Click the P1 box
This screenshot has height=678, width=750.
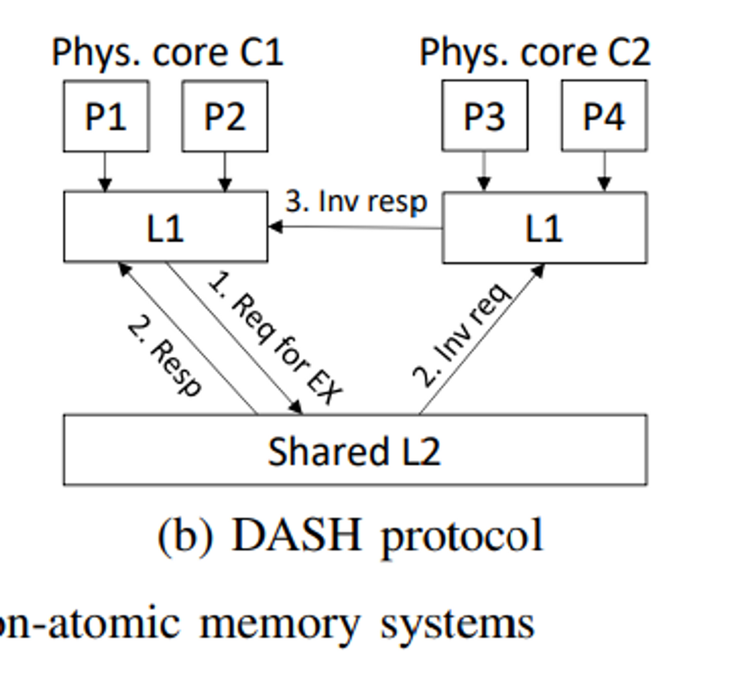tap(106, 116)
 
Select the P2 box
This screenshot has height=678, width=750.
tap(225, 116)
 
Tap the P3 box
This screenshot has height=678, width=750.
tap(484, 116)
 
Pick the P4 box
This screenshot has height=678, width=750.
tap(604, 116)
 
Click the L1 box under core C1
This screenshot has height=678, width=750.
tap(166, 227)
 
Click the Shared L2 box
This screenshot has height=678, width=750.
tap(354, 450)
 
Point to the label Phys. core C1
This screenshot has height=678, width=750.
tap(167, 52)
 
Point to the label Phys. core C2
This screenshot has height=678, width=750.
tap(535, 52)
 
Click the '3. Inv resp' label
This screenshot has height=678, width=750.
tap(356, 202)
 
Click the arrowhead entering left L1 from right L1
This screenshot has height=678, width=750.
tap(274, 227)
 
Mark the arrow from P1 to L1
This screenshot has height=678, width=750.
tap(105, 172)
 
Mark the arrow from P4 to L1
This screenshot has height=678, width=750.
tap(604, 172)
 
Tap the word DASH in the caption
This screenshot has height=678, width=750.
tap(296, 536)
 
